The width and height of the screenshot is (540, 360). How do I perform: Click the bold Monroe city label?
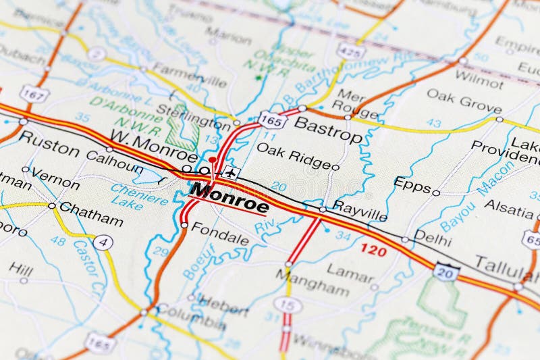click(230, 197)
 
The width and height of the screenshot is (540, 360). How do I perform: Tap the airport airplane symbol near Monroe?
click(232, 173)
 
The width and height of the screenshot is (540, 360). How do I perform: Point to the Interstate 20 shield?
click(447, 271)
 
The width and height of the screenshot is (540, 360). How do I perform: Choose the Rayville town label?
click(360, 214)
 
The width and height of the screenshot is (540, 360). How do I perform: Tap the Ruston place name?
click(49, 144)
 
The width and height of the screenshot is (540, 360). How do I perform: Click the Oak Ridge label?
click(294, 155)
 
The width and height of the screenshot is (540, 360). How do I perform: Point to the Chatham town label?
click(91, 214)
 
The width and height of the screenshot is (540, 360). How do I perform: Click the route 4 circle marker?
click(103, 242)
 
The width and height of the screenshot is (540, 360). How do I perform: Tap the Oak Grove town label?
click(464, 101)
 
